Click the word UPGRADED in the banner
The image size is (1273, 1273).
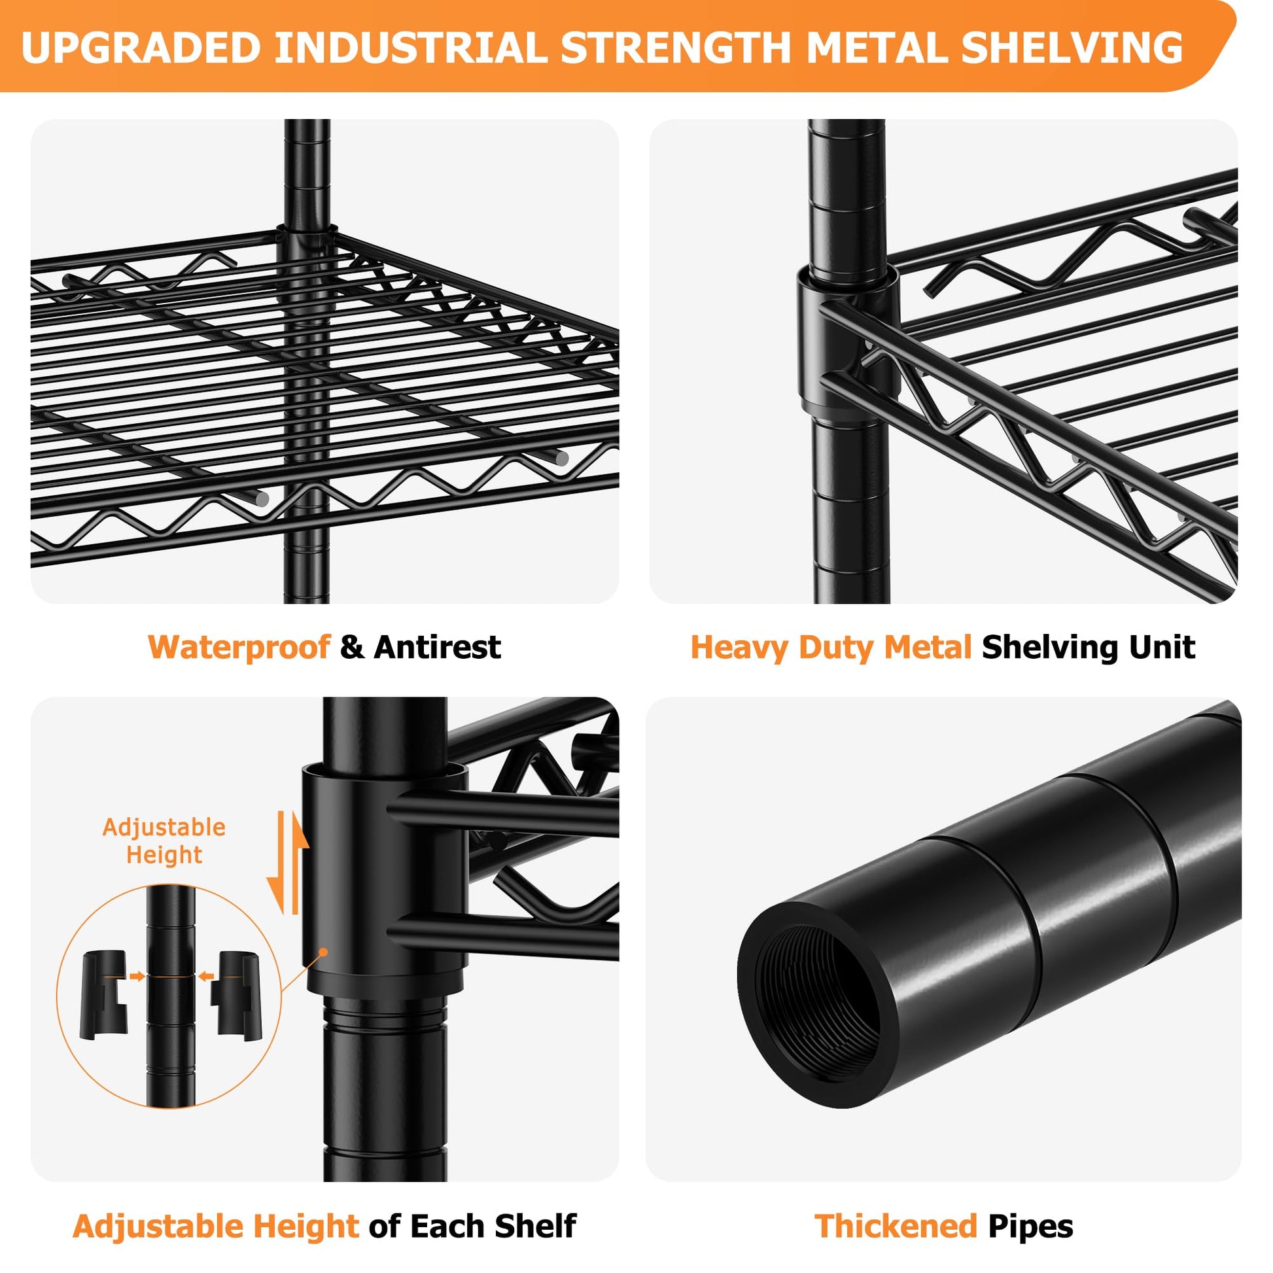[142, 48]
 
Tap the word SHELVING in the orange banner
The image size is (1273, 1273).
[1072, 48]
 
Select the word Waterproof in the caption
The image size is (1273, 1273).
[239, 647]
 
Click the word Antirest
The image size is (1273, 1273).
[438, 647]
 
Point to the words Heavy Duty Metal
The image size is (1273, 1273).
[831, 647]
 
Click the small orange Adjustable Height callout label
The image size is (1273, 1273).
[164, 841]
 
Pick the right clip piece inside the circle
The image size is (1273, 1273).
[237, 996]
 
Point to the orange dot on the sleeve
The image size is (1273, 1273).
[323, 952]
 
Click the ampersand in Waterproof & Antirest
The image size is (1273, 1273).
[352, 647]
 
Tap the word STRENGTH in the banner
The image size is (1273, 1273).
[676, 48]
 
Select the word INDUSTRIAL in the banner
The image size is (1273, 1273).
[411, 48]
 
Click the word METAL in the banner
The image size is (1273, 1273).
[877, 48]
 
